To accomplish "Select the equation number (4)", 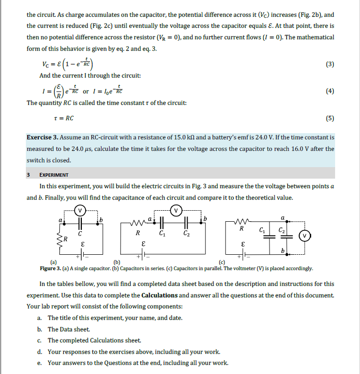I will coord(330,91).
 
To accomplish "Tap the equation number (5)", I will coord(330,118).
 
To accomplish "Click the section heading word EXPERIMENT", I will coord(54,175).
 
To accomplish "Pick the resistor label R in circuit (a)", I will coord(67,238).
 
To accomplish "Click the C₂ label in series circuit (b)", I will coord(186,234).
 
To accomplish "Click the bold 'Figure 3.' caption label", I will coord(51,268).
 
